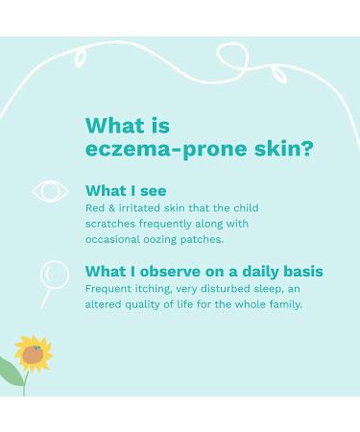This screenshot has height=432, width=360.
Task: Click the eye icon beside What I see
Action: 50,191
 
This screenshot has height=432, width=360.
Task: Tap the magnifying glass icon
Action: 52,277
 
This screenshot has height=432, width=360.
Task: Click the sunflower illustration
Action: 34,354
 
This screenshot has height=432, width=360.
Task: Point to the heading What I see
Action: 126,190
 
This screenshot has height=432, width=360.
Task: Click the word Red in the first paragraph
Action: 95,208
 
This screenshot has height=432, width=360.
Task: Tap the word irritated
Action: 141,208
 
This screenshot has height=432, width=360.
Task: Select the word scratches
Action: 113,224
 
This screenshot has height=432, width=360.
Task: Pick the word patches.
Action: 204,239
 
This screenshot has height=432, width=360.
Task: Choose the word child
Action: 243,208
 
